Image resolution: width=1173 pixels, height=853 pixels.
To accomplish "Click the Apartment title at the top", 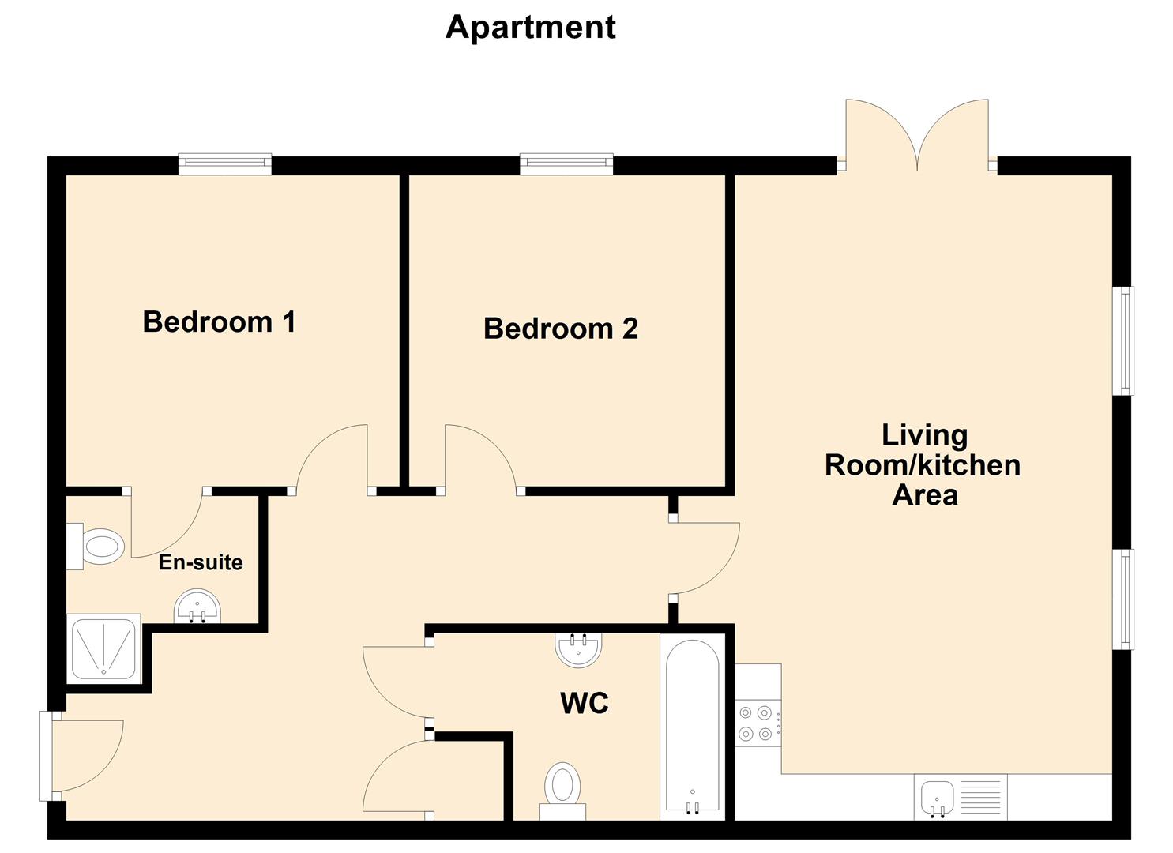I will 530,27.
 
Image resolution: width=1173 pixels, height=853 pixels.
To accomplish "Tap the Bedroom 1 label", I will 219,322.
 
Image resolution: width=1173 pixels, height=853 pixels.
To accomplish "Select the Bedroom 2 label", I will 560,329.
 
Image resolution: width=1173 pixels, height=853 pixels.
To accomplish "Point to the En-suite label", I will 201,562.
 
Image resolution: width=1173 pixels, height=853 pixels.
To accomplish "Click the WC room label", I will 584,703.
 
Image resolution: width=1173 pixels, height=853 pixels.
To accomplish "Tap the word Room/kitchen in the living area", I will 922,465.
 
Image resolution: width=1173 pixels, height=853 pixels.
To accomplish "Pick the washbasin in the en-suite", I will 197,607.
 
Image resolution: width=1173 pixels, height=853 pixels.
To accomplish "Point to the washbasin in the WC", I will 578,649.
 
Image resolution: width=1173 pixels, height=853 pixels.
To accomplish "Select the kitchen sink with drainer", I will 961,797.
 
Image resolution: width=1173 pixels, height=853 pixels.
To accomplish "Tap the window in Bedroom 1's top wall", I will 224,163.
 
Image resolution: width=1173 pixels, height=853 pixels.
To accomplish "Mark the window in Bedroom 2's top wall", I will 566,163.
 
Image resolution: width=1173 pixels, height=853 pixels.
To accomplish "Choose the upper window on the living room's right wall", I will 1122,340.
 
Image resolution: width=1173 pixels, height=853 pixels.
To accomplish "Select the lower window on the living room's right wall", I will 1122,599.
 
